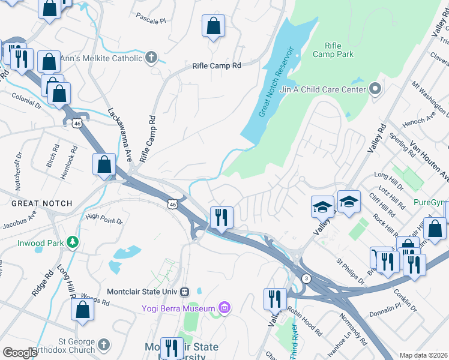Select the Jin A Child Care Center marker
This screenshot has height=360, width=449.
tap(376, 89)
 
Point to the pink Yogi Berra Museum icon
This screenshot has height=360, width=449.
tap(224, 308)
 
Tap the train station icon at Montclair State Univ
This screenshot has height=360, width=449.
tap(184, 292)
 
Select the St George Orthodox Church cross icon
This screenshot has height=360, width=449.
tap(104, 344)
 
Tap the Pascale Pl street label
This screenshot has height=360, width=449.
tap(150, 21)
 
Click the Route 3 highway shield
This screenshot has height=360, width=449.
tap(306, 278)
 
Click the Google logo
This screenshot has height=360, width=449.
tap(20, 353)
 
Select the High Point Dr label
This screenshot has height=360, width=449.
tap(104, 221)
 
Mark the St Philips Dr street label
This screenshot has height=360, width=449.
tap(349, 268)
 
